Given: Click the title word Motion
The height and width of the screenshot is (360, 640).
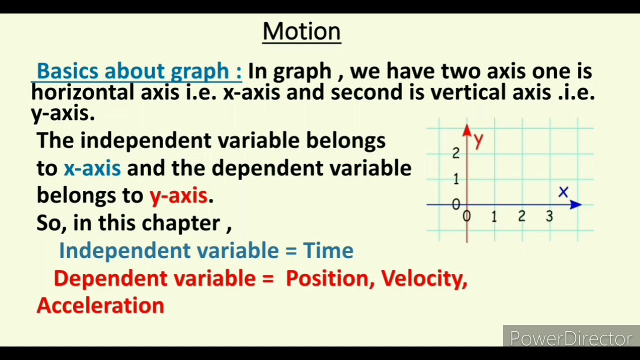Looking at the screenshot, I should [x=301, y=31].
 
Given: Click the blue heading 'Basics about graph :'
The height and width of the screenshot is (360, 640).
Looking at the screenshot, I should [x=139, y=71].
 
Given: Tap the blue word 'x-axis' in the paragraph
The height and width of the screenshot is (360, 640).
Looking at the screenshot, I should [x=92, y=168].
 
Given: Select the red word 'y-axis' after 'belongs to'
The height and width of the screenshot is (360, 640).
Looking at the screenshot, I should [x=178, y=195].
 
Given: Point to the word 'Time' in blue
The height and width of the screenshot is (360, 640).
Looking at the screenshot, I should [x=328, y=250].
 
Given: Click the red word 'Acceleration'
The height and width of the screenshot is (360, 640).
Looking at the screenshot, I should [x=100, y=305].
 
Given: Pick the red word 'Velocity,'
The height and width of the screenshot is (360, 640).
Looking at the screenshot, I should [x=424, y=278].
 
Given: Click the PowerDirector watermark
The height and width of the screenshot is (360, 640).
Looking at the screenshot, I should [x=571, y=338].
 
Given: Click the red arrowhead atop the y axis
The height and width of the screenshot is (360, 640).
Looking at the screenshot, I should [x=467, y=130].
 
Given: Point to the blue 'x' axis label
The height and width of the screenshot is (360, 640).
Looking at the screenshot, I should [x=563, y=192].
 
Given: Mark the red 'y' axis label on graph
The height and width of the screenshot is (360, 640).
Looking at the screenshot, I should [x=478, y=140].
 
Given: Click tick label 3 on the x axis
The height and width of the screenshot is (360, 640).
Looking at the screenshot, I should [x=549, y=216].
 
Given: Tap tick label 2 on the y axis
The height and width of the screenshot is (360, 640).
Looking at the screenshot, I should [x=455, y=153].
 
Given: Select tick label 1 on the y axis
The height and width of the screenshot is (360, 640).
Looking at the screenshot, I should [x=455, y=179].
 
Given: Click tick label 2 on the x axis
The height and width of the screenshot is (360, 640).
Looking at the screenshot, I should [x=521, y=216].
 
